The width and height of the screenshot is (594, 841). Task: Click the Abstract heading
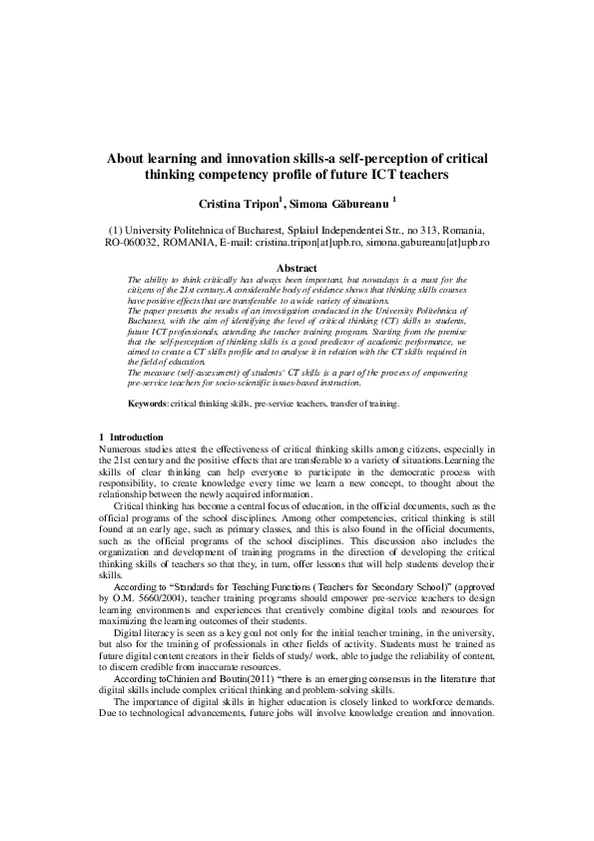pyautogui.click(x=297, y=269)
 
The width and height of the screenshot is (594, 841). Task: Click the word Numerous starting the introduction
pyautogui.click(x=124, y=449)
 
